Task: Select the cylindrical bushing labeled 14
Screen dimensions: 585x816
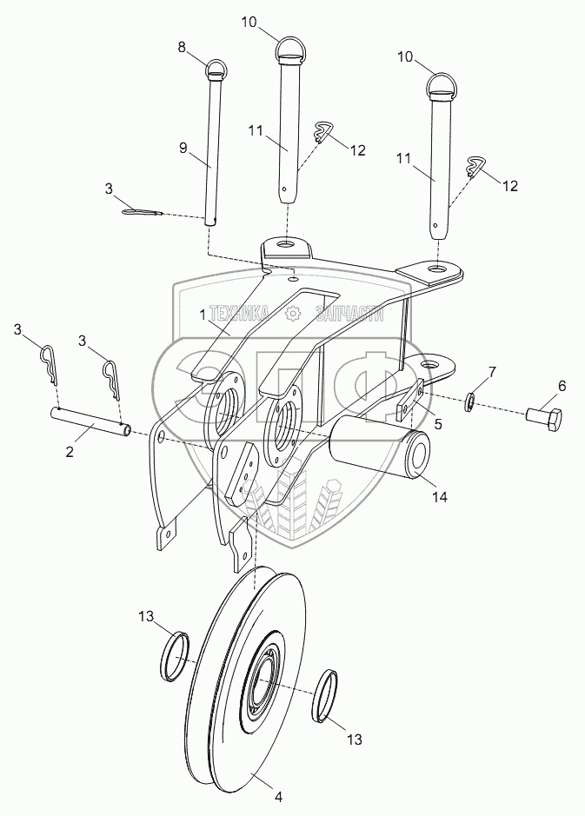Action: click(x=380, y=445)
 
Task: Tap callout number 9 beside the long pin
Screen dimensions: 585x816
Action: click(x=183, y=148)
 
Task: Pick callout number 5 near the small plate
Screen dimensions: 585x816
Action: click(x=436, y=425)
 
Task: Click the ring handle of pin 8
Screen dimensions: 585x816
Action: click(x=216, y=67)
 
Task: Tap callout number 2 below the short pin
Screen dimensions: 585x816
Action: click(x=70, y=452)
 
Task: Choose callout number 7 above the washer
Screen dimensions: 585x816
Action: click(x=491, y=372)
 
